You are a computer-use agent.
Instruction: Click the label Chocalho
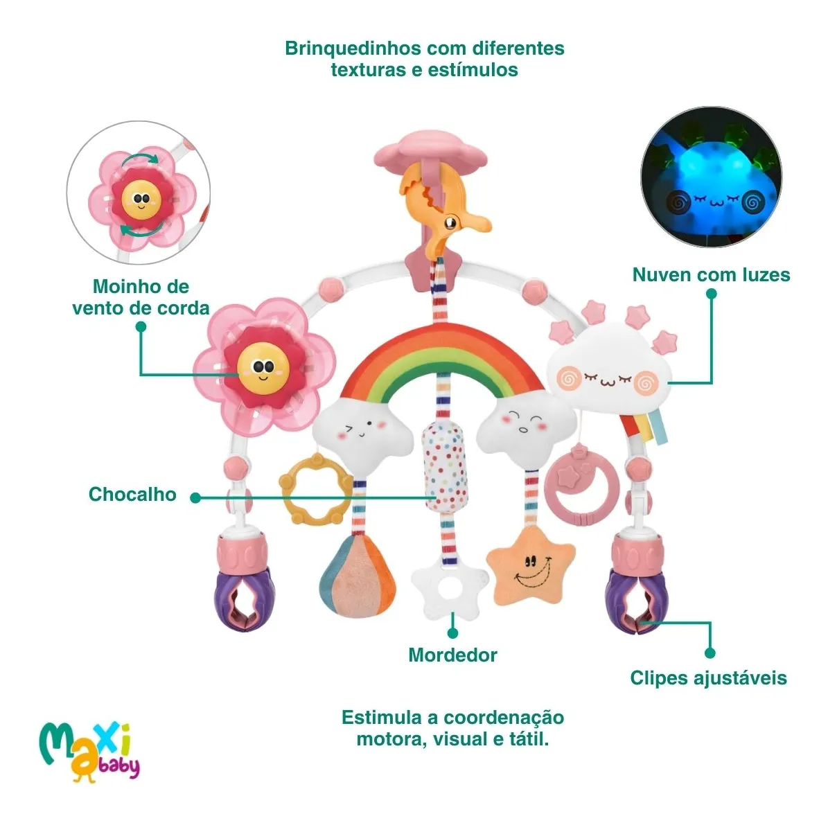(x=132, y=494)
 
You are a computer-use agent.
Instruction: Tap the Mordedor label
(x=452, y=655)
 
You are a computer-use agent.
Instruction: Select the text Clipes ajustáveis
(x=708, y=678)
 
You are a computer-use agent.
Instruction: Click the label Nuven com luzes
(x=711, y=274)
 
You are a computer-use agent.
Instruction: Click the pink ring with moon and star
(x=581, y=485)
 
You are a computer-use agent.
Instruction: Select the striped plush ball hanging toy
(x=357, y=576)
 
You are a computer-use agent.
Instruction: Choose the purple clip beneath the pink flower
(x=245, y=599)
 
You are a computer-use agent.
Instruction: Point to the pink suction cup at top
(x=430, y=151)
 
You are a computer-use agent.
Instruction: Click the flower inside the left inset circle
(x=141, y=199)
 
